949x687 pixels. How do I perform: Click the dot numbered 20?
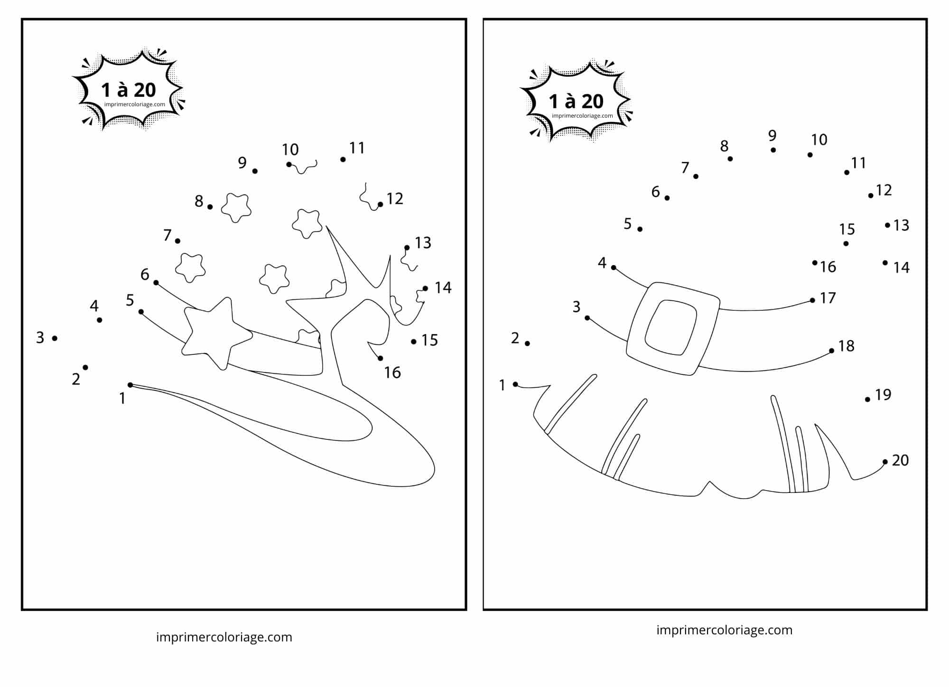point(885,462)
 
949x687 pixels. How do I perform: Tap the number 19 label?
point(883,394)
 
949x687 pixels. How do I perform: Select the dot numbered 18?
point(831,351)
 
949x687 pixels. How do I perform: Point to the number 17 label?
point(828,298)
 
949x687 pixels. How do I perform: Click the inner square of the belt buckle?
point(671,327)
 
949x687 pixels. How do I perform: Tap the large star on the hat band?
point(217,333)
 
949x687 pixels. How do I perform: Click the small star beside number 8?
point(236,208)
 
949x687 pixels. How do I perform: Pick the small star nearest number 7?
point(190,268)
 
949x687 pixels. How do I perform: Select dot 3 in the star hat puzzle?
point(55,338)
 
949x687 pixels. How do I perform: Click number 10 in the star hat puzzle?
point(290,150)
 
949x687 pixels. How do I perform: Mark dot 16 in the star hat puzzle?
point(380,358)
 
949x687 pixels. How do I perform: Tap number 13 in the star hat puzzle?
point(423,243)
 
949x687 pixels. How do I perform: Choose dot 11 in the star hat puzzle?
point(343,159)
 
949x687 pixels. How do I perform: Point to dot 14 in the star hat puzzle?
point(425,288)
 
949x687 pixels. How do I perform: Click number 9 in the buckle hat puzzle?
point(772,136)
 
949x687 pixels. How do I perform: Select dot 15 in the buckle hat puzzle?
point(846,244)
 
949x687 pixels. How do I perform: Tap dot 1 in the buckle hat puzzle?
point(515,384)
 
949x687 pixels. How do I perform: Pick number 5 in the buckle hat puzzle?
point(627,223)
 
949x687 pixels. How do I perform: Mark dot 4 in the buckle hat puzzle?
point(614,268)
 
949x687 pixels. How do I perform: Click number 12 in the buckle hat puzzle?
point(884,190)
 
